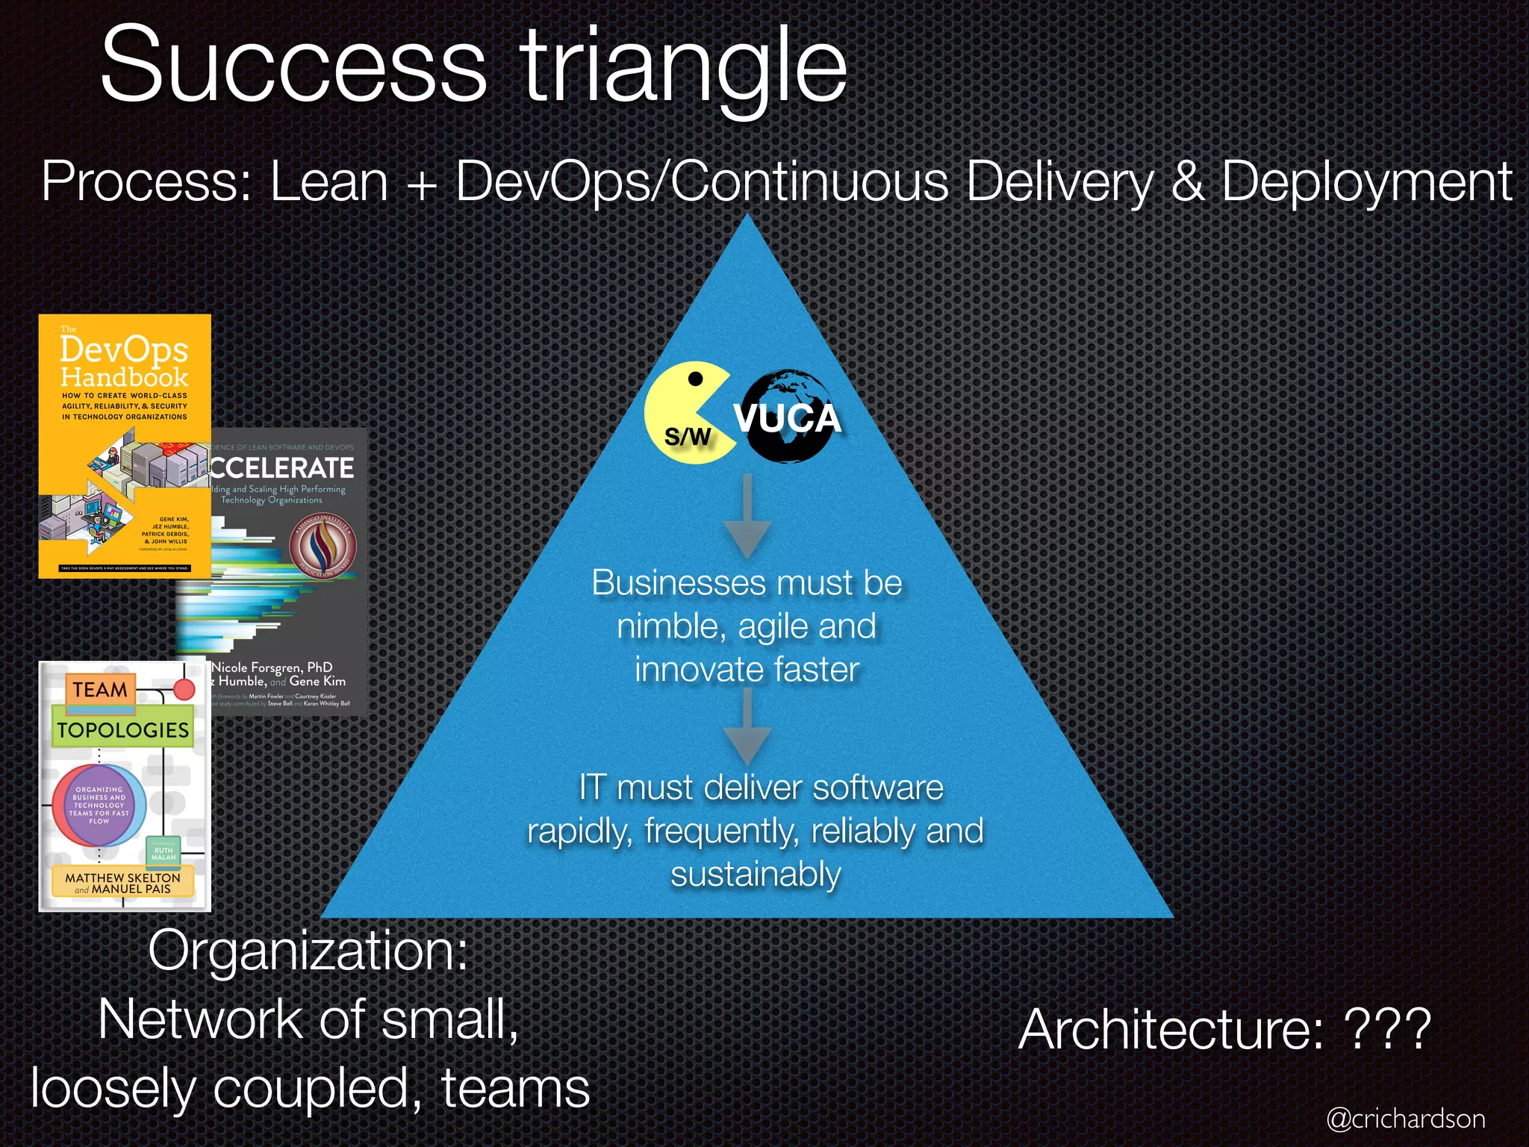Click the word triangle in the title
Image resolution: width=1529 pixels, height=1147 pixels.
[x=683, y=69]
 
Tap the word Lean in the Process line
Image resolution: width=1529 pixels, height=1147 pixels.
[x=328, y=182]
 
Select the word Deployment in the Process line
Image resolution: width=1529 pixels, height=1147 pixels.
[x=1365, y=182]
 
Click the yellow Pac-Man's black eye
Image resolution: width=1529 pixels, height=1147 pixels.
[x=695, y=379]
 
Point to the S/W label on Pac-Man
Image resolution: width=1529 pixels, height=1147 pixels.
[x=688, y=436]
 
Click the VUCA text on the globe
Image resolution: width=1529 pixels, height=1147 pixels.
[x=788, y=418]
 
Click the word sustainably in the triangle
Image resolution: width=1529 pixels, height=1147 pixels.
[x=756, y=874]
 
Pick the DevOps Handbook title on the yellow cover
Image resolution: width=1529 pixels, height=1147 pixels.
[x=124, y=362]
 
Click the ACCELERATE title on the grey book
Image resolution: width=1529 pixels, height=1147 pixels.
[x=281, y=468]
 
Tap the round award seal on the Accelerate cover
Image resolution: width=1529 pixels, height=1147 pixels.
[x=323, y=547]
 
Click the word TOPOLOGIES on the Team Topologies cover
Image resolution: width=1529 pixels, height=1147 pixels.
[x=123, y=730]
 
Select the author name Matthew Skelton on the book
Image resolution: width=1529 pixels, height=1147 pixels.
[x=123, y=877]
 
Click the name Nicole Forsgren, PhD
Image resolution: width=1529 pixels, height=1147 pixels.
[x=273, y=667]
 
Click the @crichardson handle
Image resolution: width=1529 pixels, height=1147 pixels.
[x=1406, y=1119]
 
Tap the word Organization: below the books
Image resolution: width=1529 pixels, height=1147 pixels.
[x=308, y=951]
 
